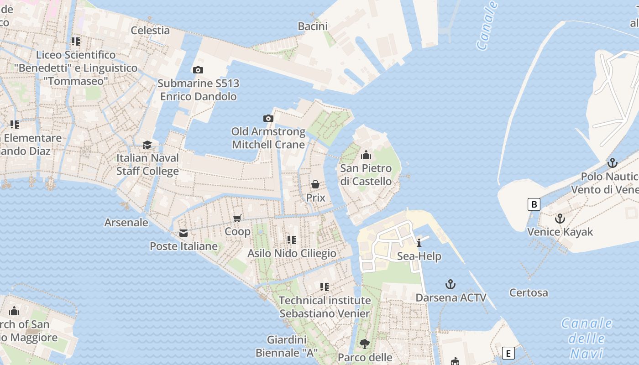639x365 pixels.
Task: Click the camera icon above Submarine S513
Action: coord(198,70)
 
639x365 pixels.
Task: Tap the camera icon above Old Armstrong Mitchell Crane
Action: coord(268,119)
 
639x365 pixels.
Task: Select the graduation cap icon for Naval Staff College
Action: coord(147,145)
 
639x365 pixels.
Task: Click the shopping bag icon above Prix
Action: coord(315,184)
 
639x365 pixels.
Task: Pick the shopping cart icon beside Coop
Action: coord(237,219)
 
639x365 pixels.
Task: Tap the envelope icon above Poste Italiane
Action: coord(183,233)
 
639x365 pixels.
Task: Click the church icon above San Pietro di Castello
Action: coord(366,155)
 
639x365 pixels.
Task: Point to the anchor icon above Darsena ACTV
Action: coord(450,285)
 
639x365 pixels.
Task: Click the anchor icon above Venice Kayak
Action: coord(560,219)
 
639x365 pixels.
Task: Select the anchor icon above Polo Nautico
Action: coord(612,163)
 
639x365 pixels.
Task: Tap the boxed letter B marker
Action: coord(534,204)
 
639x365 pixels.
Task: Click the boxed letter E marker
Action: coord(508,353)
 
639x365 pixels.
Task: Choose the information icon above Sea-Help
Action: coord(419,243)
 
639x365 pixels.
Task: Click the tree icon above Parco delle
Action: coord(364,344)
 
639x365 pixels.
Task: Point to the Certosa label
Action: coord(529,292)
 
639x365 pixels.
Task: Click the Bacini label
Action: coord(313,26)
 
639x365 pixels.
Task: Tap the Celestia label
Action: coord(150,31)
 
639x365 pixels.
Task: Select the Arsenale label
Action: coord(126,223)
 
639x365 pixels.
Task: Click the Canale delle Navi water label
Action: coord(587,338)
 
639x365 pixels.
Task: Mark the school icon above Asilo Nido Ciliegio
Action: coord(292,240)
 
